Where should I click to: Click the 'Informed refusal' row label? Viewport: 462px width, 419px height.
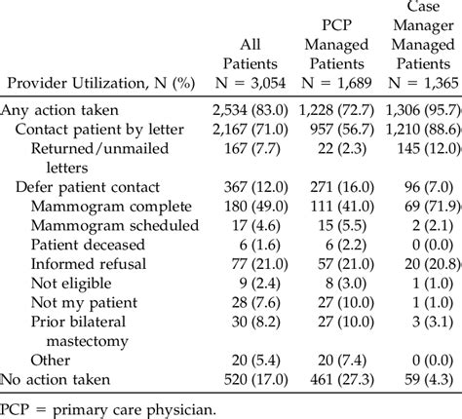[x=89, y=264]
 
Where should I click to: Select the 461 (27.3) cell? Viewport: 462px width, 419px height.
[x=332, y=379]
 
